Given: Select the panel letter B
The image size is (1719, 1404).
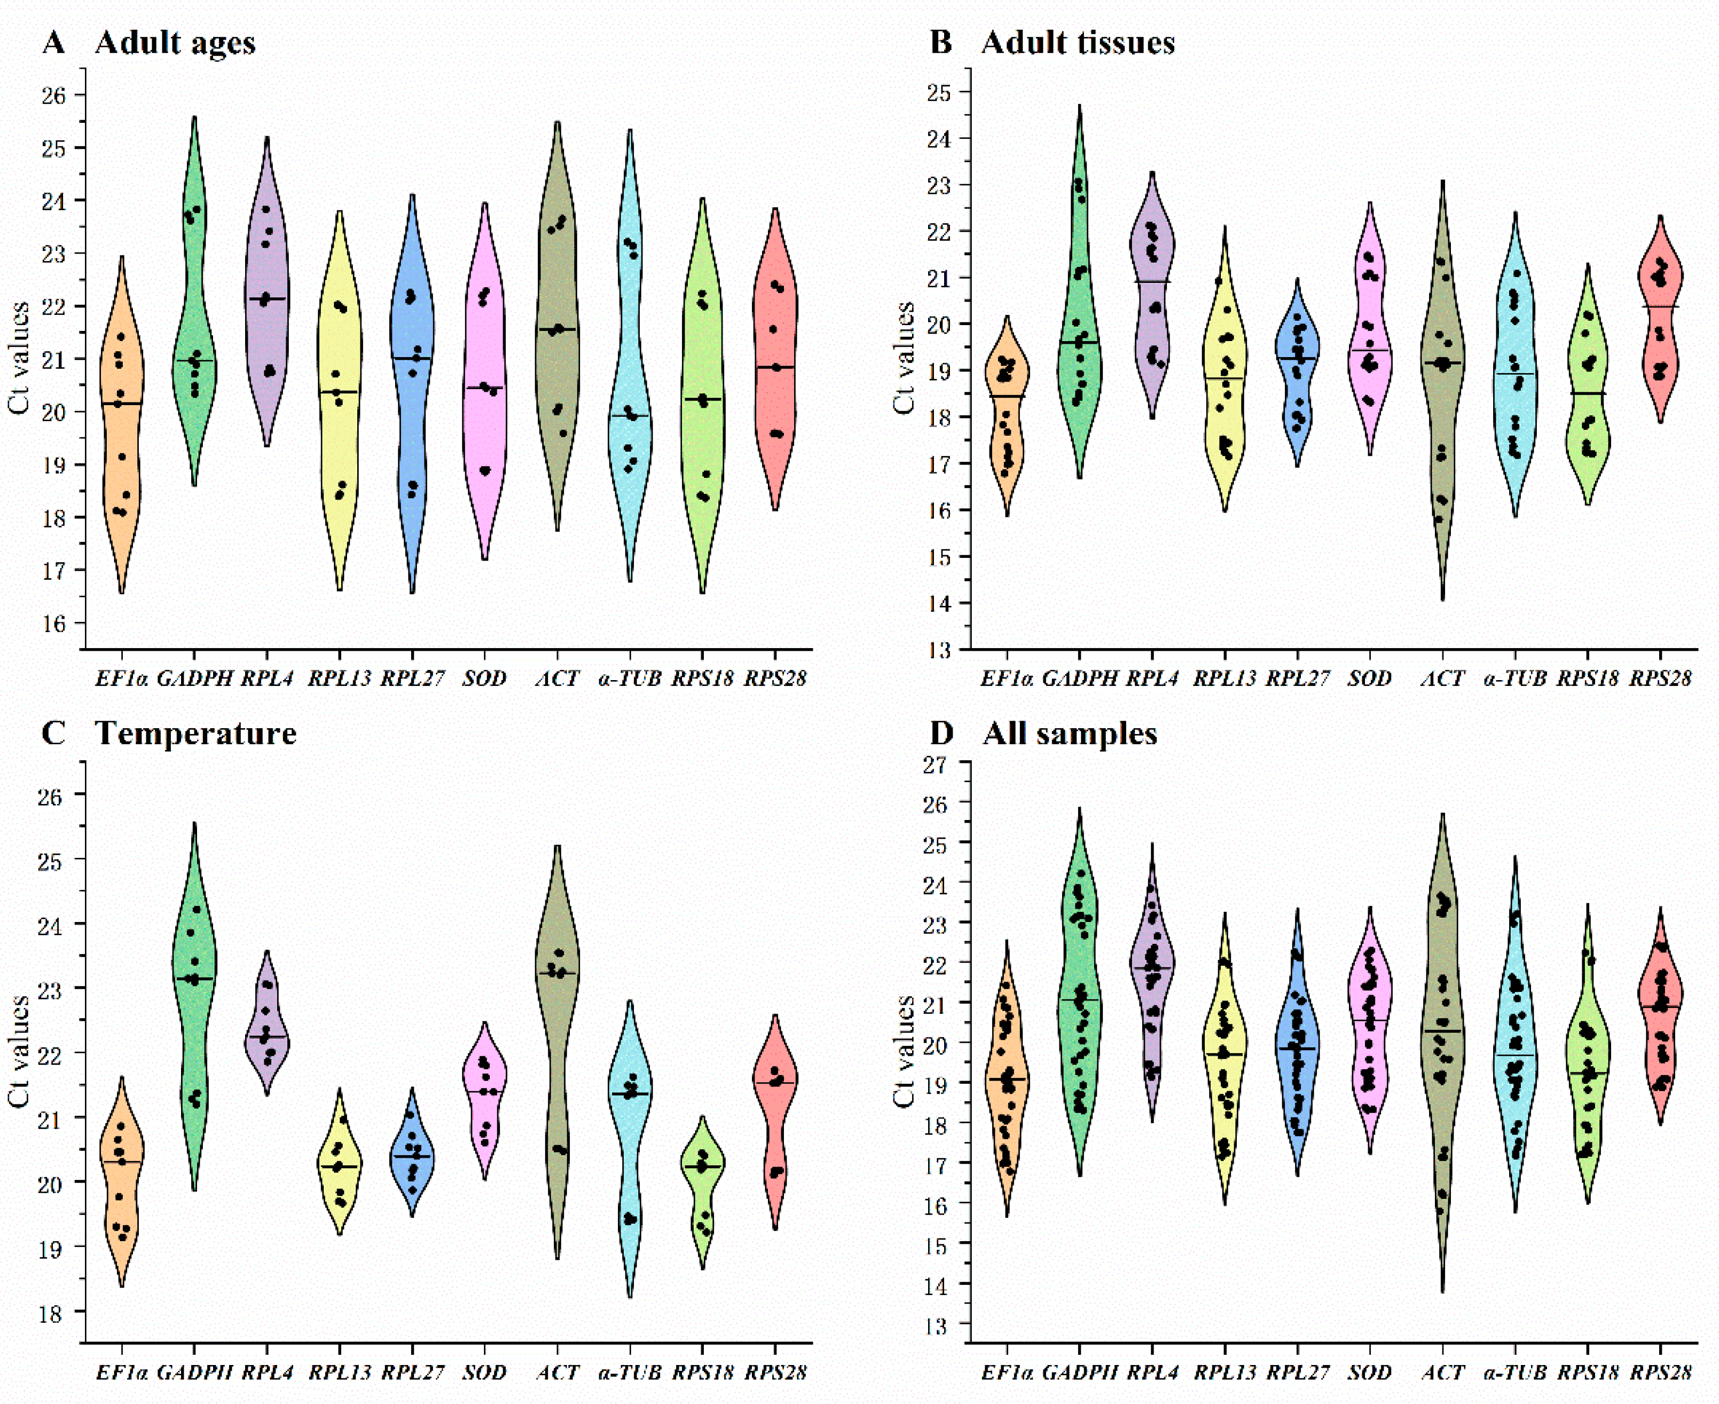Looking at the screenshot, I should [941, 42].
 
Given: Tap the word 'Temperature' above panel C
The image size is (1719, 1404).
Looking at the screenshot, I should [196, 733].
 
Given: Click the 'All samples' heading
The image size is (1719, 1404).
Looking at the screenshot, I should [1070, 733].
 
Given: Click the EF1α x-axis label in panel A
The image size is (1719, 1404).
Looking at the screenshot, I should [121, 679].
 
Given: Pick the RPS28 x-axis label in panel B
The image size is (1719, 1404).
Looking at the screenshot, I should [1660, 679].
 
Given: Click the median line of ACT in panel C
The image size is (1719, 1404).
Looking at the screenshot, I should [558, 973].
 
